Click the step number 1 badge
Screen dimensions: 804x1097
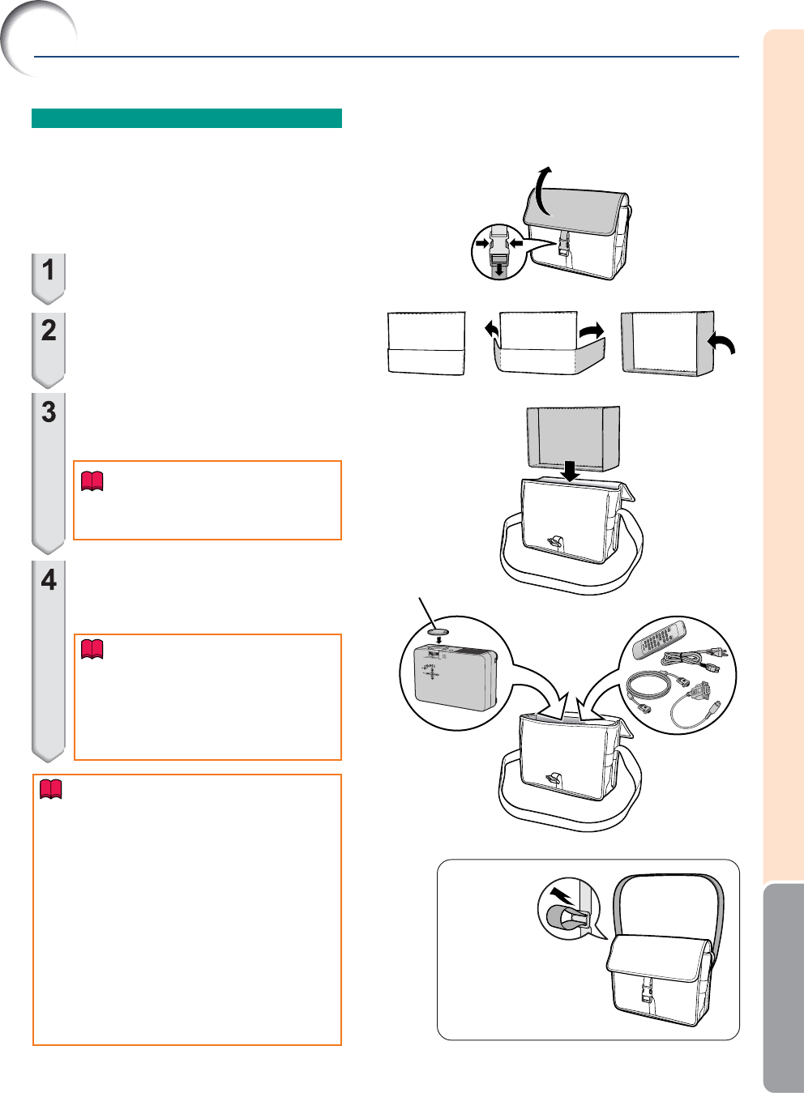(48, 278)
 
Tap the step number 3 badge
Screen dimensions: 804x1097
(48, 472)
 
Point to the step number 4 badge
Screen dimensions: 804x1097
(48, 661)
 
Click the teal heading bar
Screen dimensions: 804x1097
(186, 118)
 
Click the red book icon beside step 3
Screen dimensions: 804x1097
(92, 481)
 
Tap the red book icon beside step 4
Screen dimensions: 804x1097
(92, 649)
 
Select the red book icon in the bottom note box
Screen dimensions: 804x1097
(50, 789)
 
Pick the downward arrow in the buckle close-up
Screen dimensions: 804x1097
(499, 269)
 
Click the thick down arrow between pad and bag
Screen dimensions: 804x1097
(570, 471)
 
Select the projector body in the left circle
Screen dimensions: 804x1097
(455, 677)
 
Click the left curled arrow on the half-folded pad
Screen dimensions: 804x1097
(491, 328)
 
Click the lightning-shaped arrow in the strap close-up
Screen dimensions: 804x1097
(562, 895)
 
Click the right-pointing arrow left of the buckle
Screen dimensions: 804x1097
(482, 242)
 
